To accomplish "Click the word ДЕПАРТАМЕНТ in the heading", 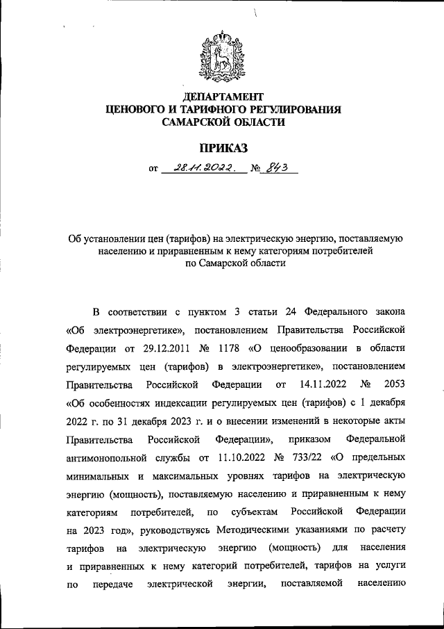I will point(222,95).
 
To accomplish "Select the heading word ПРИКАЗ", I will point(222,147).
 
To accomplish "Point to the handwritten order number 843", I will point(274,168).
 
